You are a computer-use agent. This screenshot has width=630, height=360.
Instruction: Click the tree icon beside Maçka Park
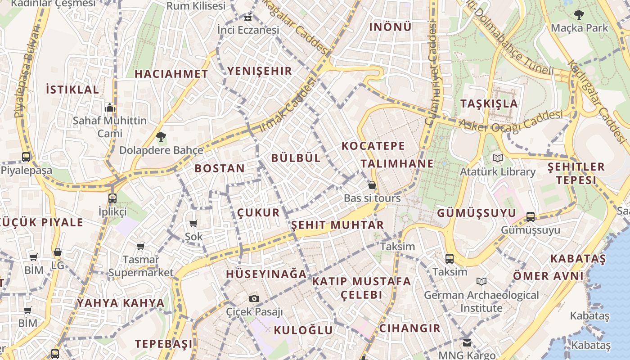click(x=579, y=14)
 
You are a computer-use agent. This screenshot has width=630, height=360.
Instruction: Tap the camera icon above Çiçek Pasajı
click(x=254, y=298)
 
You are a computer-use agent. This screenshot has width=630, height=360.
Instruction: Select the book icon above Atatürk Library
click(x=497, y=158)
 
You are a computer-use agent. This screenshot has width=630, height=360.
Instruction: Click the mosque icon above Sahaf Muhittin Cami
click(x=110, y=108)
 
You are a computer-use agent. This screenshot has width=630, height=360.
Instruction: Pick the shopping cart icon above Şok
click(x=193, y=223)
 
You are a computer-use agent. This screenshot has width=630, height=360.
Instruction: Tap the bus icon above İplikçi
click(x=112, y=198)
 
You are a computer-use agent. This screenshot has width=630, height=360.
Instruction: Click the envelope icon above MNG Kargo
click(x=467, y=343)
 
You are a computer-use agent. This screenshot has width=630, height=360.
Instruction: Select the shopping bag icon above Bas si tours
click(x=372, y=185)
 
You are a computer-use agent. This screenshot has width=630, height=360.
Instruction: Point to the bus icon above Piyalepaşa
click(x=26, y=157)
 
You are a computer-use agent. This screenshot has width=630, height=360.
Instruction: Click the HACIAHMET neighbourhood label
click(x=171, y=74)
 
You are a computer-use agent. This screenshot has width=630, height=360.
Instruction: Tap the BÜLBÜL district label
click(x=296, y=158)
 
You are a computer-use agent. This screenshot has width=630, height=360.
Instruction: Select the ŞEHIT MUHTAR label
click(x=337, y=225)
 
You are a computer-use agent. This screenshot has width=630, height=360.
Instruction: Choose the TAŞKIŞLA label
click(x=489, y=103)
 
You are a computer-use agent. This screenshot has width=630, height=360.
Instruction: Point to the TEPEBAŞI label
click(x=164, y=344)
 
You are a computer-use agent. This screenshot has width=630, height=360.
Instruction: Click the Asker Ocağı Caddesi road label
click(x=511, y=121)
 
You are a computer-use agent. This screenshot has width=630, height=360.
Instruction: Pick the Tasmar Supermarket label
click(x=141, y=266)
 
